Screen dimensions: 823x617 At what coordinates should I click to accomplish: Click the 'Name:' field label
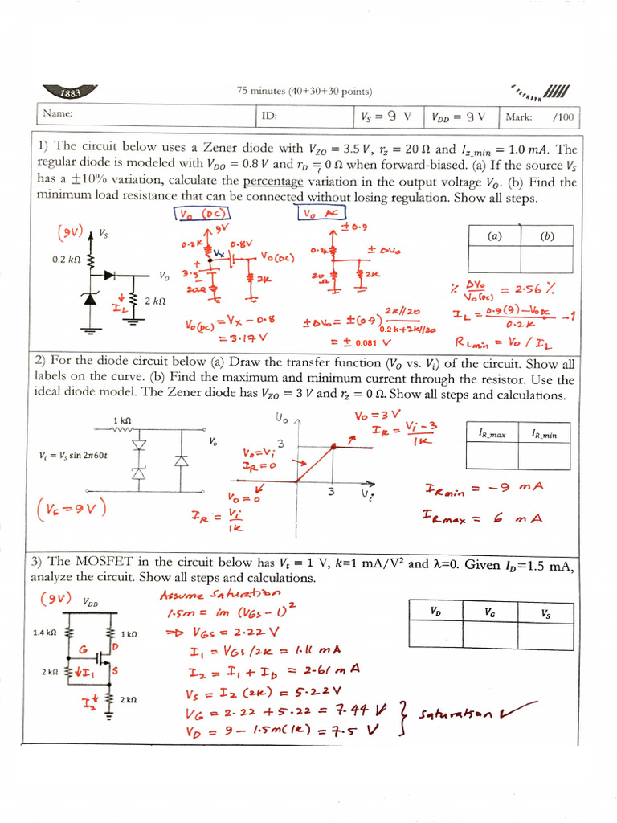[58, 114]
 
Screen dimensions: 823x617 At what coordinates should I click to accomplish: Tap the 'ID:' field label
[268, 116]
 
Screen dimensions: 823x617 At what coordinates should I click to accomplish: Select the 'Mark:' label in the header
[518, 117]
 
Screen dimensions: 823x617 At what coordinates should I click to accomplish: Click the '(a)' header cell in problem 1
[493, 237]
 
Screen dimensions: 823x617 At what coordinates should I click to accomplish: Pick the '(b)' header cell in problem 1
[547, 237]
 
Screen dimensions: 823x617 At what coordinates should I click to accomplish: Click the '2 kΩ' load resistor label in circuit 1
[153, 301]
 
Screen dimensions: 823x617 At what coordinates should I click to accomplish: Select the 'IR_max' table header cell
[492, 434]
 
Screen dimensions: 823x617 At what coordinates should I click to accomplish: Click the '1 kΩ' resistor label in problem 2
[122, 420]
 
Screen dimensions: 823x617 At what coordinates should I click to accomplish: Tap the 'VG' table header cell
[490, 612]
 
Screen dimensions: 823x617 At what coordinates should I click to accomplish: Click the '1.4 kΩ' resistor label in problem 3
[44, 633]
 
